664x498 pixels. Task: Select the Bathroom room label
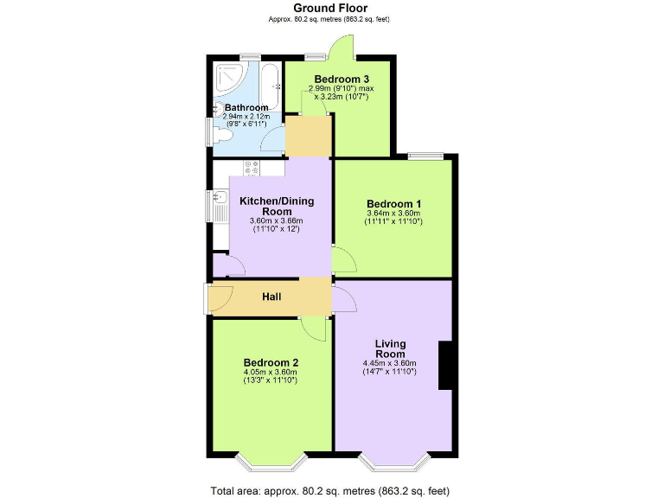(x=247, y=108)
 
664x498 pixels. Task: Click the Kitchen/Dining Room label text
(x=277, y=206)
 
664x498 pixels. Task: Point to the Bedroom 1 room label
(x=393, y=203)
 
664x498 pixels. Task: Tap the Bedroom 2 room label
(x=271, y=362)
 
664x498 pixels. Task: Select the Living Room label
(x=390, y=348)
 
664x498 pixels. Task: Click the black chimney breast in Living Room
(x=447, y=366)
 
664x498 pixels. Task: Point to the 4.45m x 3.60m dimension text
(x=390, y=363)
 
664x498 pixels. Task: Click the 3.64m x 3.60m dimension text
(x=393, y=214)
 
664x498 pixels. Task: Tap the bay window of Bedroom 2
(x=271, y=461)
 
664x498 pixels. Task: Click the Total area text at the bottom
(x=330, y=490)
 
